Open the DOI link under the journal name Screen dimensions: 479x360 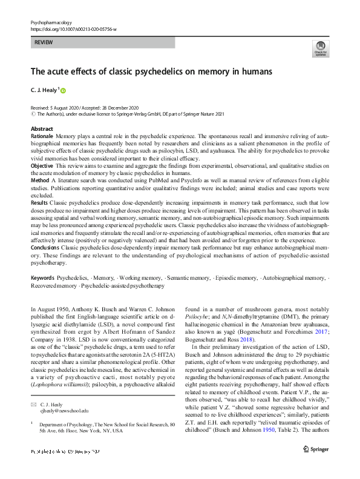click(73, 28)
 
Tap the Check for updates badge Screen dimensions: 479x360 click(320, 48)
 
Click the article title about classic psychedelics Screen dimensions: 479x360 click(151, 71)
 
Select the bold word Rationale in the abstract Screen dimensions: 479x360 click(42, 137)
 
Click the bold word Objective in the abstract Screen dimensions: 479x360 click(42, 165)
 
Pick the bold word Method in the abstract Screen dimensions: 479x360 click(40, 180)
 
